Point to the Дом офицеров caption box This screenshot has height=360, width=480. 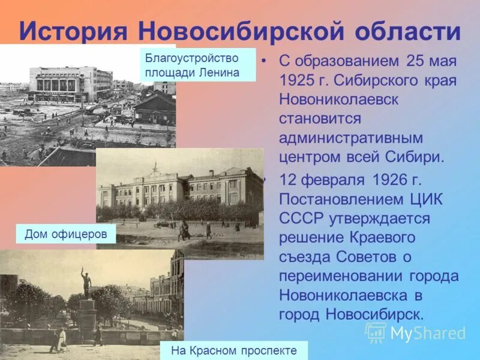66,234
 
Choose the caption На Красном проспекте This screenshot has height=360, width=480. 234,350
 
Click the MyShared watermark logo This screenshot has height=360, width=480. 415,332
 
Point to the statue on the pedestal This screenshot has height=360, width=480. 86,283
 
